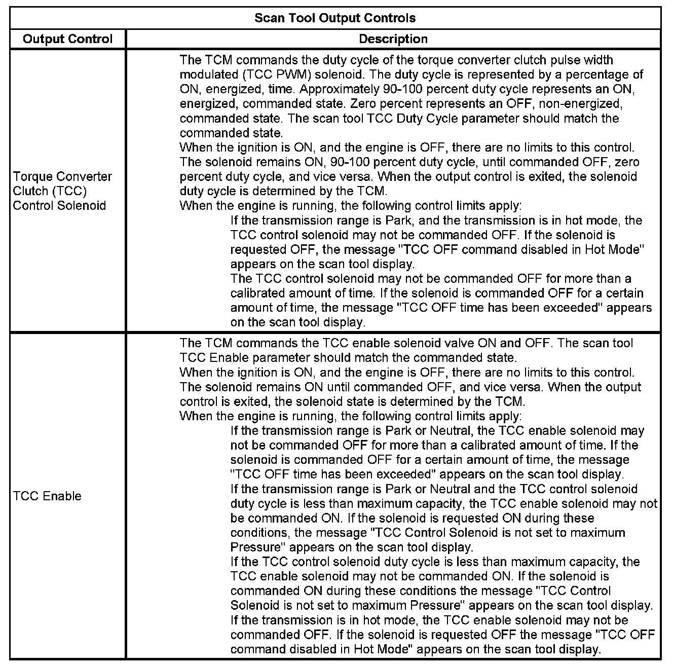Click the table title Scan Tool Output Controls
click(x=335, y=18)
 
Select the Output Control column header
click(x=68, y=39)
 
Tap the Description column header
click(x=393, y=39)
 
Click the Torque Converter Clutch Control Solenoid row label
click(x=62, y=191)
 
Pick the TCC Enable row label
click(x=47, y=496)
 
